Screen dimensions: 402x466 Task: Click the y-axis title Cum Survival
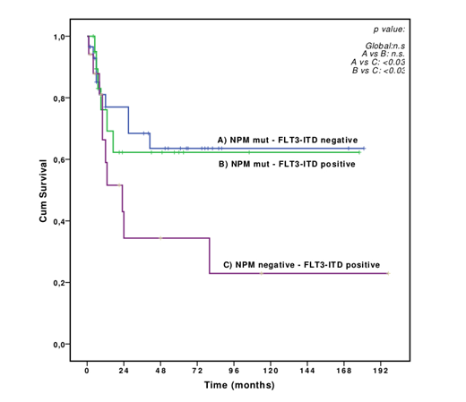tap(43, 191)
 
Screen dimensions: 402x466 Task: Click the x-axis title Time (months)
tap(237, 386)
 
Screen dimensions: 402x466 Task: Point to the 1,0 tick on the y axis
tap(61, 37)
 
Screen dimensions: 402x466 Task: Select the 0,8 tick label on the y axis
tap(61, 98)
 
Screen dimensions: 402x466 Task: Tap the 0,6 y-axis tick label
tap(61, 160)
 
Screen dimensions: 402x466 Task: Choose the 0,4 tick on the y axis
tap(61, 221)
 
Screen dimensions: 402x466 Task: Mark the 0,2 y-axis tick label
tap(61, 283)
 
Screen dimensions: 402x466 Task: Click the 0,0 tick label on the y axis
tap(61, 345)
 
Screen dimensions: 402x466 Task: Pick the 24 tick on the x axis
tap(124, 369)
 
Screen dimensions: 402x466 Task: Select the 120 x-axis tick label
tap(271, 369)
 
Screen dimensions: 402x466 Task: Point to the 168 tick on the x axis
tap(344, 369)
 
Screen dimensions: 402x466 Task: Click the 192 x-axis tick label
tap(381, 369)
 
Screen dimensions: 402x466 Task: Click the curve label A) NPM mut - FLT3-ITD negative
tap(288, 141)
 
